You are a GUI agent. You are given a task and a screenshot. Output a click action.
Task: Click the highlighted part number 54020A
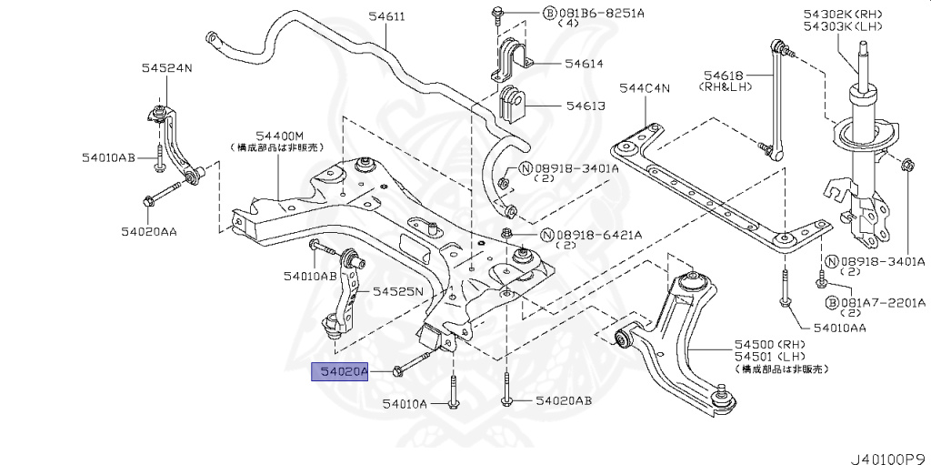340,371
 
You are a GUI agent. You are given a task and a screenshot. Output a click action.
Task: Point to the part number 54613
585,106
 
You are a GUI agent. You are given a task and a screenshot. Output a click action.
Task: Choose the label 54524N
165,68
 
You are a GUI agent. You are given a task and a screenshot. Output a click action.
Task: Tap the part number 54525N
397,291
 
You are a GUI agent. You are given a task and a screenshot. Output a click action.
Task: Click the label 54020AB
564,400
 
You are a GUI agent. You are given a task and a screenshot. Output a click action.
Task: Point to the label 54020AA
150,231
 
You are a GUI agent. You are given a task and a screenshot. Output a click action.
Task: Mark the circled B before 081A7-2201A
831,302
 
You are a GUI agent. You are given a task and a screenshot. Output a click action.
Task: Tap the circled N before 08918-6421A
547,235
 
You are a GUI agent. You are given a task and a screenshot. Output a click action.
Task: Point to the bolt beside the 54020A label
415,364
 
